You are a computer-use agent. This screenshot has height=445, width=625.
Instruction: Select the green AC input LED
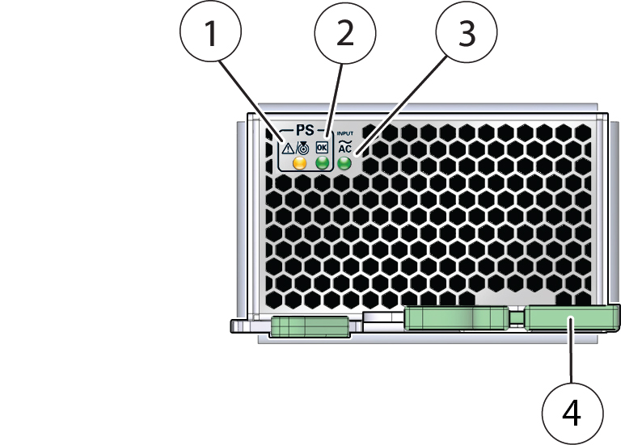click(344, 164)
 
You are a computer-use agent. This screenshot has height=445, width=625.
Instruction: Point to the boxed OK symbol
click(322, 148)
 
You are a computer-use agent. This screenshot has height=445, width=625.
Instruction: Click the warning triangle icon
click(288, 148)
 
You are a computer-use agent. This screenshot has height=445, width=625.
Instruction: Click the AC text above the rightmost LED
click(344, 149)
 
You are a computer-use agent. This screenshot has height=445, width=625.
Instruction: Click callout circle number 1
click(210, 36)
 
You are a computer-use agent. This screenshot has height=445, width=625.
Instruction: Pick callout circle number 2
click(344, 36)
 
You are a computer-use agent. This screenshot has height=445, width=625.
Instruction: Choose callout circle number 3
click(467, 36)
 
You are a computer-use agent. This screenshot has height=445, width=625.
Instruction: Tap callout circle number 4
click(572, 413)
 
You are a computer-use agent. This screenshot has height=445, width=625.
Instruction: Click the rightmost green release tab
click(572, 319)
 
